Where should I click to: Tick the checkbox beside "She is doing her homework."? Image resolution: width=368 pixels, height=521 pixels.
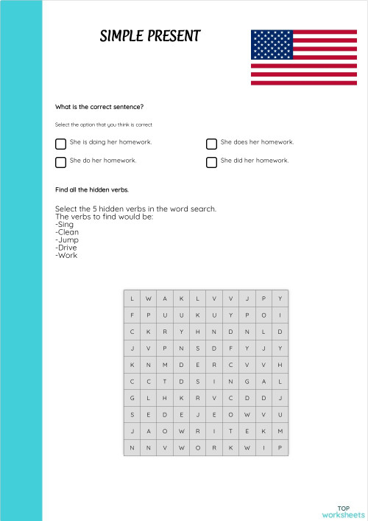(x=60, y=144)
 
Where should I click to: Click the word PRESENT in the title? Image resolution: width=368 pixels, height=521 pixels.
(x=170, y=36)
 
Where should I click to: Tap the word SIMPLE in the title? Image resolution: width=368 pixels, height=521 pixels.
(x=119, y=36)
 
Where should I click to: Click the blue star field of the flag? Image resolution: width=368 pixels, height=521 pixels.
(x=272, y=44)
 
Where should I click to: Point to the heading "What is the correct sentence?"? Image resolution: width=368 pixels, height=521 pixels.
(x=93, y=107)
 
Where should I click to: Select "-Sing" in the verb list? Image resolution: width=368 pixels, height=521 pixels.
(x=65, y=224)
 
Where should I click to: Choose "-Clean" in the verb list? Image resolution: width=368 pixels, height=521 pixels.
(x=67, y=232)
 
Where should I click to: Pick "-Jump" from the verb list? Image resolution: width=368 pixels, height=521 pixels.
(x=67, y=239)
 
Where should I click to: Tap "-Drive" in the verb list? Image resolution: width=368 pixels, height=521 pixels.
(x=66, y=248)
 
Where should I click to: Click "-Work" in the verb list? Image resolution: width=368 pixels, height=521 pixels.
(x=66, y=256)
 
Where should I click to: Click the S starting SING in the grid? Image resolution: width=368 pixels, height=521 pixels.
(x=197, y=382)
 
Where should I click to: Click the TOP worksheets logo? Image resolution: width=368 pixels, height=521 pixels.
(x=343, y=511)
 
